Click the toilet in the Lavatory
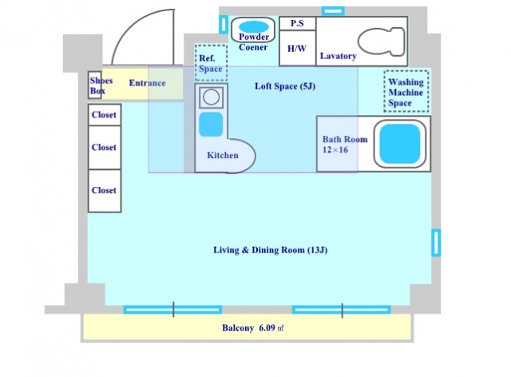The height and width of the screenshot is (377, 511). (x=382, y=42)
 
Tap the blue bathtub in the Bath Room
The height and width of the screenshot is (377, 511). (x=400, y=144)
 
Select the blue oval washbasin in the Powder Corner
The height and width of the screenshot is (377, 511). (x=254, y=26)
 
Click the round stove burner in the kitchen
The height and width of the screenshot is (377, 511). (x=211, y=97)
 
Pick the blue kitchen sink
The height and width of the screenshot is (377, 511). (x=211, y=125)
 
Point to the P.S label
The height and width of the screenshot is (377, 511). (x=297, y=23)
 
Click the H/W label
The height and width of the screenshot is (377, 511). (x=297, y=49)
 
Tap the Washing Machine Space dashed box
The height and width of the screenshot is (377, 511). (x=406, y=91)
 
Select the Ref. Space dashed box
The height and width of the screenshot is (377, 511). (x=211, y=62)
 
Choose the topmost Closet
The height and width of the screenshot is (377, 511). (x=105, y=115)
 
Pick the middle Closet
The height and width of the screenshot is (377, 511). (x=105, y=148)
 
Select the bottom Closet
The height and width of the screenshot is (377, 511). (x=105, y=191)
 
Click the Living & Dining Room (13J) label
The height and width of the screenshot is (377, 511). (x=270, y=250)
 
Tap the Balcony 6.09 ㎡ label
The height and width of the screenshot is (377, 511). (x=252, y=327)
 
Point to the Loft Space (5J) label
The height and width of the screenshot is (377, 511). (x=285, y=86)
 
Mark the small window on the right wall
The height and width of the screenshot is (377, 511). (x=436, y=243)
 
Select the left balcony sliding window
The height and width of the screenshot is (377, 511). (x=172, y=309)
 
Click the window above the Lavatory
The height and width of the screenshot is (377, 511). (x=333, y=11)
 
